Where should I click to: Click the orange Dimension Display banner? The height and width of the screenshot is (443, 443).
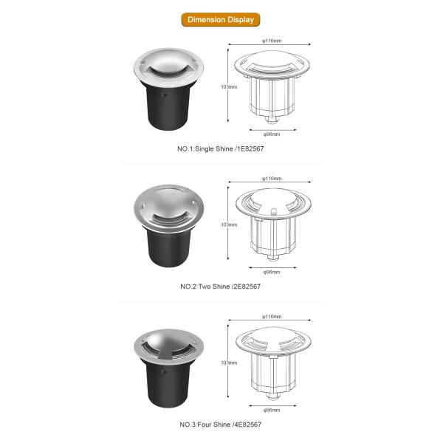coord(220,19)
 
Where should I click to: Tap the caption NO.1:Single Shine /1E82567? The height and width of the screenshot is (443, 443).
coord(220,148)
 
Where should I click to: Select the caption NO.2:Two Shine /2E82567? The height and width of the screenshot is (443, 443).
coord(220,286)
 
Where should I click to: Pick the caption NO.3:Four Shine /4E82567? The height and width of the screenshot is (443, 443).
coord(220,425)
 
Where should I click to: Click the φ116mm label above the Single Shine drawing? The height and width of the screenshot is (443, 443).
coord(272,41)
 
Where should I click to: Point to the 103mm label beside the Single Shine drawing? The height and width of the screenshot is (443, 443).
coord(229,86)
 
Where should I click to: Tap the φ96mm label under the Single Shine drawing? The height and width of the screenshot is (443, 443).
coord(272,134)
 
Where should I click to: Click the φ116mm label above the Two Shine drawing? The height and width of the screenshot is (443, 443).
coord(272,179)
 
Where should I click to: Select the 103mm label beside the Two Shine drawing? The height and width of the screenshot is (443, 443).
coord(229,224)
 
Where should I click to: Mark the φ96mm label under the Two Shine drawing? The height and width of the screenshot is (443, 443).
coord(272,272)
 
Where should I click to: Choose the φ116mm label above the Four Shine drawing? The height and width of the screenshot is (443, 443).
coord(272,317)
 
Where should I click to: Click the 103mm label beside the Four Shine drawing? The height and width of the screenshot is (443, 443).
coord(229,363)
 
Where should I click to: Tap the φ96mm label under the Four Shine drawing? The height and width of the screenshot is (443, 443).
coord(272,410)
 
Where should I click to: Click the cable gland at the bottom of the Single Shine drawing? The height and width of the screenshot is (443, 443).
coord(272,120)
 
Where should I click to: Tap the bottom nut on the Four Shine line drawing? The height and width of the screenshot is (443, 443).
coord(272,396)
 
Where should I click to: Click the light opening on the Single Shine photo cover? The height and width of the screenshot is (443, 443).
coord(168,71)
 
